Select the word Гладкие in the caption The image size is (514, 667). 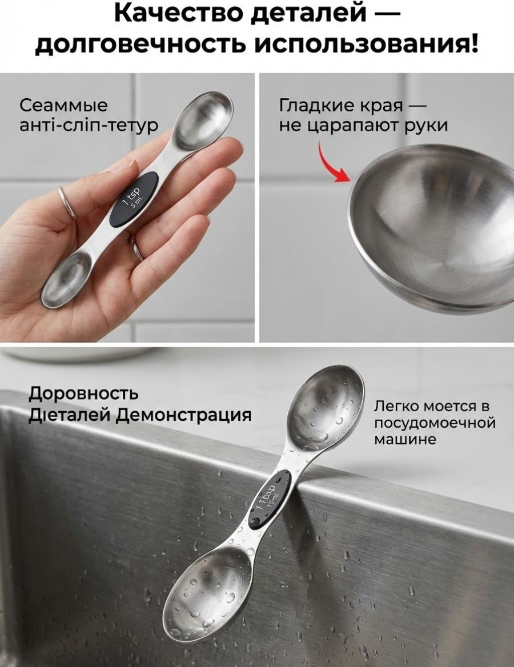318,106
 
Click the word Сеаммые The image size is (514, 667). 64,106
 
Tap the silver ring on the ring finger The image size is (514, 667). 67,203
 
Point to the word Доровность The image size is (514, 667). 83,393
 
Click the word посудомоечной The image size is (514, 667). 435,423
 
